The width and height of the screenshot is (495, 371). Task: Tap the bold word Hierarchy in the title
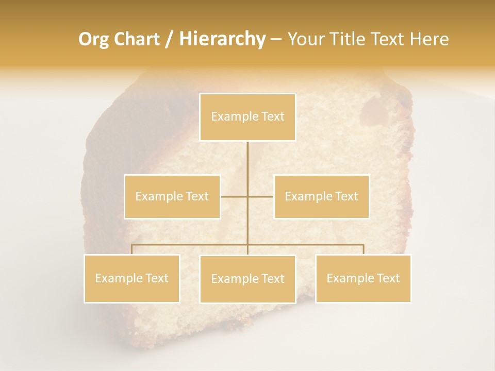(222, 39)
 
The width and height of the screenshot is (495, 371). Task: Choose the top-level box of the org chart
(247, 117)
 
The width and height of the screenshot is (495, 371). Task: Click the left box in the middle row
(172, 197)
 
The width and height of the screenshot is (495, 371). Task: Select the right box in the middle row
(321, 197)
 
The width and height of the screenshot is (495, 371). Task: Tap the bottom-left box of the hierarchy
(132, 279)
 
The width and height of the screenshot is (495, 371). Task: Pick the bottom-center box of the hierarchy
(247, 279)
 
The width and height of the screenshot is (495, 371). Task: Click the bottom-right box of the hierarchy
(363, 279)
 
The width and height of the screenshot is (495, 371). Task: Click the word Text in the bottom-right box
(388, 279)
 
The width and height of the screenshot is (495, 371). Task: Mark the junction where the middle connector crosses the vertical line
(247, 197)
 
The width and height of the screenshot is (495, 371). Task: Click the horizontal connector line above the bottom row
(304, 245)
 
